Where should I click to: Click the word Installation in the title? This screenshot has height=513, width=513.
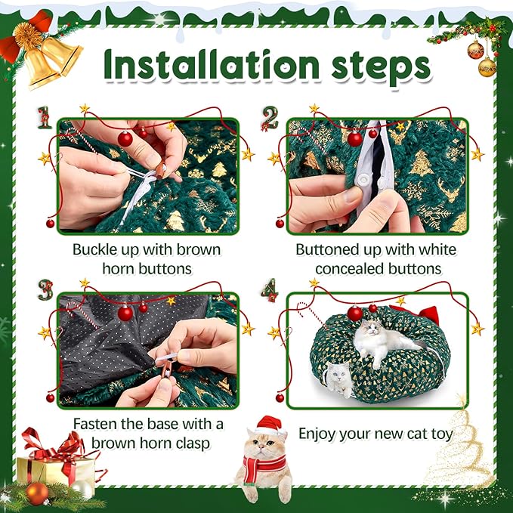point(212,64)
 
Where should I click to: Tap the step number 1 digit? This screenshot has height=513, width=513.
point(45,117)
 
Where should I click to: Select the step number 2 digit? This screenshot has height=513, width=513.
point(270,118)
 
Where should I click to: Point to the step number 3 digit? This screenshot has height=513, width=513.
point(45,290)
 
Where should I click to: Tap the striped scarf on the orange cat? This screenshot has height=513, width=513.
point(263,466)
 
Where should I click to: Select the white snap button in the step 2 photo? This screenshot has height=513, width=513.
point(363,178)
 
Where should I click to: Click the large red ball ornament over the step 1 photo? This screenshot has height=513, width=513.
point(125,139)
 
